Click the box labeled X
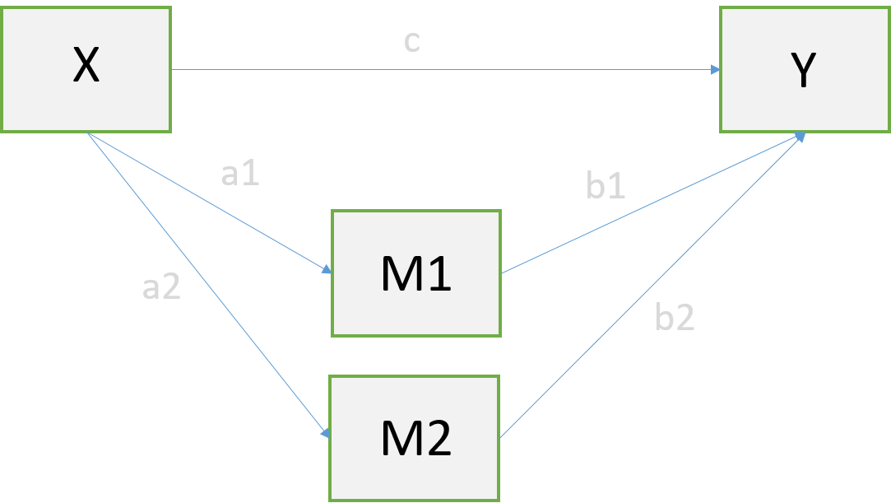click(x=86, y=69)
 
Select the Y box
click(x=805, y=69)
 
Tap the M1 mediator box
click(x=416, y=273)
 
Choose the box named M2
click(x=415, y=438)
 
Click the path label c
click(x=412, y=42)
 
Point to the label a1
click(x=241, y=174)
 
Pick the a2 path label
click(x=162, y=287)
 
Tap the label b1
click(x=606, y=188)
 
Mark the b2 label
click(x=675, y=319)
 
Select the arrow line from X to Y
click(x=444, y=70)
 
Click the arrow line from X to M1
click(x=206, y=201)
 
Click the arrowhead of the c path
click(x=715, y=70)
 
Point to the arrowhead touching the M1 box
click(x=327, y=269)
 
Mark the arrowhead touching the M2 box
click(x=327, y=433)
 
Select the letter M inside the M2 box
click(x=401, y=440)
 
